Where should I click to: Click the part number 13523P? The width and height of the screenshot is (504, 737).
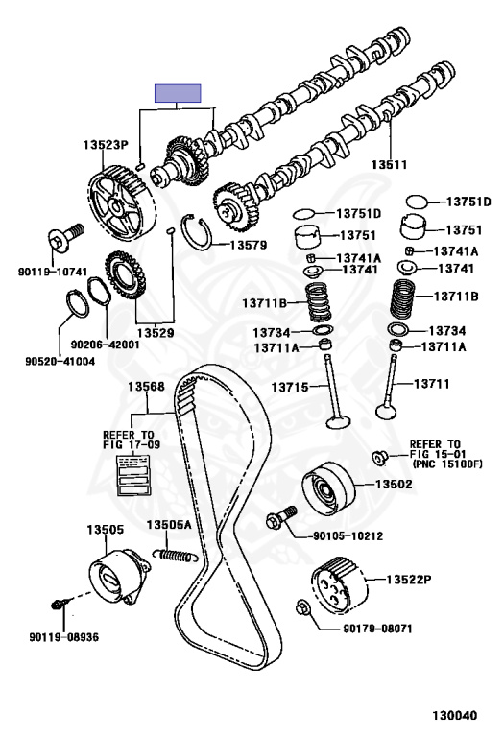point(106,145)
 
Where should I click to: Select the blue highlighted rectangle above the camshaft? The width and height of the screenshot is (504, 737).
point(178,93)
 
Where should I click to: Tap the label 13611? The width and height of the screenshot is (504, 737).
point(389,164)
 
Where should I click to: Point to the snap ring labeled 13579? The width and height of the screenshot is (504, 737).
point(198,231)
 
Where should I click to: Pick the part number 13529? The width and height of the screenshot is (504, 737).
point(156,333)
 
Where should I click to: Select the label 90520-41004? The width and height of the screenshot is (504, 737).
point(60,361)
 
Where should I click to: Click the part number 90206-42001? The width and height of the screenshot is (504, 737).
point(105,345)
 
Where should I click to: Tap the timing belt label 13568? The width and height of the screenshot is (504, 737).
point(146,387)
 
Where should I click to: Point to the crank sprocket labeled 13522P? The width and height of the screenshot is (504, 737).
point(339,584)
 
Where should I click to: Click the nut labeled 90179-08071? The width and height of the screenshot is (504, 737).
point(302,608)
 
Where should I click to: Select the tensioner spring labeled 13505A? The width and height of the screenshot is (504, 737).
point(176,555)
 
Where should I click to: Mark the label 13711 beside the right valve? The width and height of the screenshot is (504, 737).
point(432,384)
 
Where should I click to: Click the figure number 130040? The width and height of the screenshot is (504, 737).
point(455,715)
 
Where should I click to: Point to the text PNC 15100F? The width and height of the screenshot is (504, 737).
point(447,464)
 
